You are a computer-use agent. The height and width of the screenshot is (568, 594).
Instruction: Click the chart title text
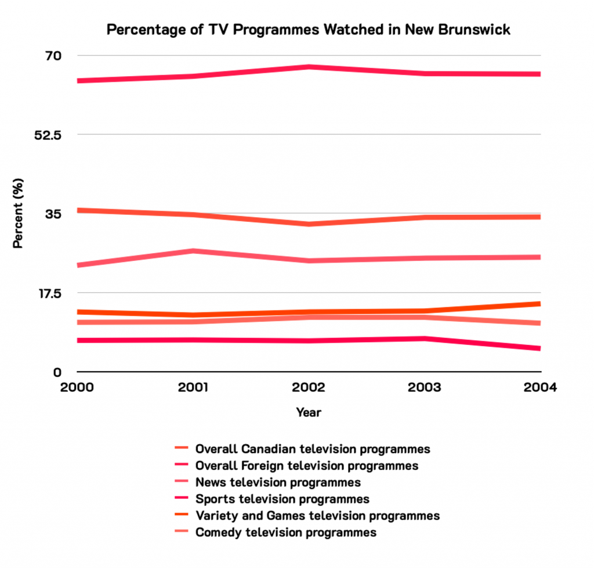click(308, 30)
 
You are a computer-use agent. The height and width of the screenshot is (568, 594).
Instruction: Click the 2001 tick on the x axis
click(193, 388)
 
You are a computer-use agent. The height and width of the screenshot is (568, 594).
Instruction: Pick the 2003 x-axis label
click(425, 388)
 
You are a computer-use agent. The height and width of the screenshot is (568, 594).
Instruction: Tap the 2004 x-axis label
click(540, 388)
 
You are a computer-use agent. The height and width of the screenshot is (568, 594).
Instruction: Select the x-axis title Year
click(308, 413)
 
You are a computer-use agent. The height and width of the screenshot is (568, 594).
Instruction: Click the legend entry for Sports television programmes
click(282, 499)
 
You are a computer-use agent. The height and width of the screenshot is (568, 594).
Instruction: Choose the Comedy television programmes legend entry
click(286, 533)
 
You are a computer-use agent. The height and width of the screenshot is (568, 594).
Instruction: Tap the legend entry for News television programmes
click(278, 483)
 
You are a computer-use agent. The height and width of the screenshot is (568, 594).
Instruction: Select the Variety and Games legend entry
click(317, 516)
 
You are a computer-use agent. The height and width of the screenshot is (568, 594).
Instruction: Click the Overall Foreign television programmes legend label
click(306, 466)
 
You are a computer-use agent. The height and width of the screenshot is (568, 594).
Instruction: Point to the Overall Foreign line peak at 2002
click(309, 67)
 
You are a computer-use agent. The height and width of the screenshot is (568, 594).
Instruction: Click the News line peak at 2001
click(193, 251)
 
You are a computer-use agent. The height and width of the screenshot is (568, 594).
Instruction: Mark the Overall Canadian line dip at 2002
click(309, 224)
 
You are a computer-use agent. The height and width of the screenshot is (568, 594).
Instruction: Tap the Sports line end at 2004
click(539, 348)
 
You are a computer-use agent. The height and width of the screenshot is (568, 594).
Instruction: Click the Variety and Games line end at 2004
click(539, 304)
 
